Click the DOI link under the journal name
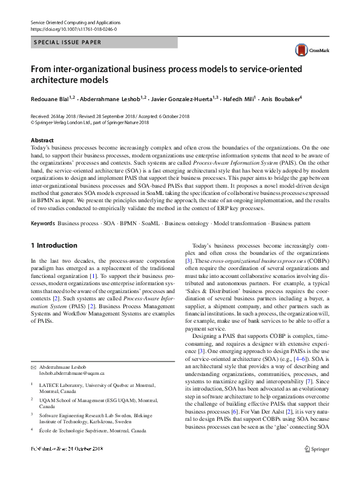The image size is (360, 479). pyautogui.click(x=74, y=29)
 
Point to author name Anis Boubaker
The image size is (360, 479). pyautogui.click(x=281, y=98)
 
